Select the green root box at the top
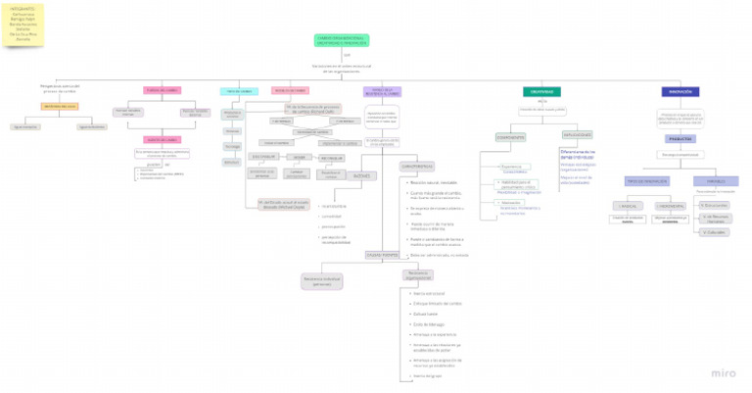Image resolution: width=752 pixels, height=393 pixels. pos(341,40)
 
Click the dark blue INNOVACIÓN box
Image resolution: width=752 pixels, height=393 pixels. pos(681,91)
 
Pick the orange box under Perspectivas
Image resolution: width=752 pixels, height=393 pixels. pos(60,106)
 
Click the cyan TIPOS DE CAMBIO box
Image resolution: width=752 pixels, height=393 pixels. pos(238,91)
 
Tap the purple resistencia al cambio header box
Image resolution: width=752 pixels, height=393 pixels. pos(381,91)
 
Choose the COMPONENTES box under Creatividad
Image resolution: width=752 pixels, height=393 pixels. pos(510,137)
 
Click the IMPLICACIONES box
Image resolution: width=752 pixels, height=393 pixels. pos(576,134)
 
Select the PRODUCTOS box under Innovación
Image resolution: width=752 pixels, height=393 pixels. pos(681,139)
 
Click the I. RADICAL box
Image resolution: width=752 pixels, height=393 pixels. pos(628,206)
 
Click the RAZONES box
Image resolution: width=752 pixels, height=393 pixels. pos(361,175)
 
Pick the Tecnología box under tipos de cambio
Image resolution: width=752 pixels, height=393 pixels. pos(232,146)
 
